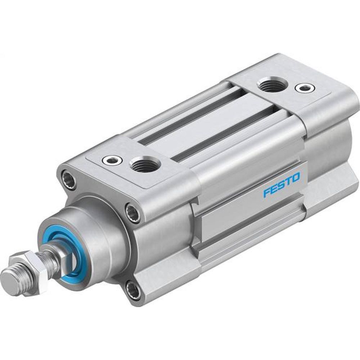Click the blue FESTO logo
[281, 185]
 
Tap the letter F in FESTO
[267, 193]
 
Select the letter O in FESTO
[295, 177]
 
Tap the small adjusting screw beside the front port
[110, 160]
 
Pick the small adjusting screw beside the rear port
[303, 87]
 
